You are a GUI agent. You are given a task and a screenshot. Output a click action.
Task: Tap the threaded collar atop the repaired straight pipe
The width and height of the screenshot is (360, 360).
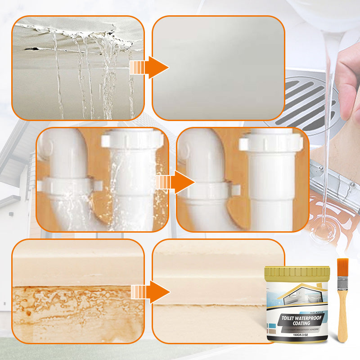click(270, 142)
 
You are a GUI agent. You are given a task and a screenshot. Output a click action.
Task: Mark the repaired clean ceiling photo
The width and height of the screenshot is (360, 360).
click(218, 67)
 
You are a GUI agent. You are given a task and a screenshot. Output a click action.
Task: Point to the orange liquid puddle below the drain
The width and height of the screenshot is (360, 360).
click(335, 216)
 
